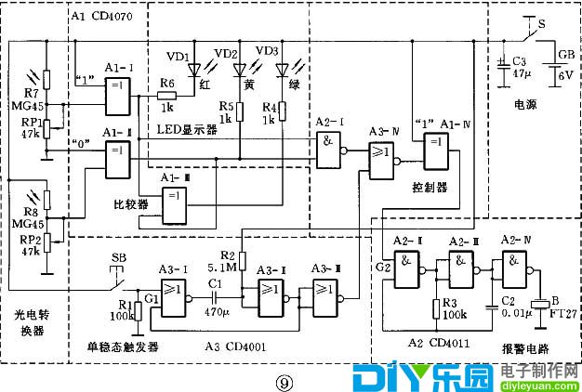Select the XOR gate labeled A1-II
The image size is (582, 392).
[x=118, y=162]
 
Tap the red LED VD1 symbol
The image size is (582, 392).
[x=195, y=69]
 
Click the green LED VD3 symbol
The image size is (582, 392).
[x=282, y=69]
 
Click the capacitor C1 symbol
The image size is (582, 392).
[x=216, y=298]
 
